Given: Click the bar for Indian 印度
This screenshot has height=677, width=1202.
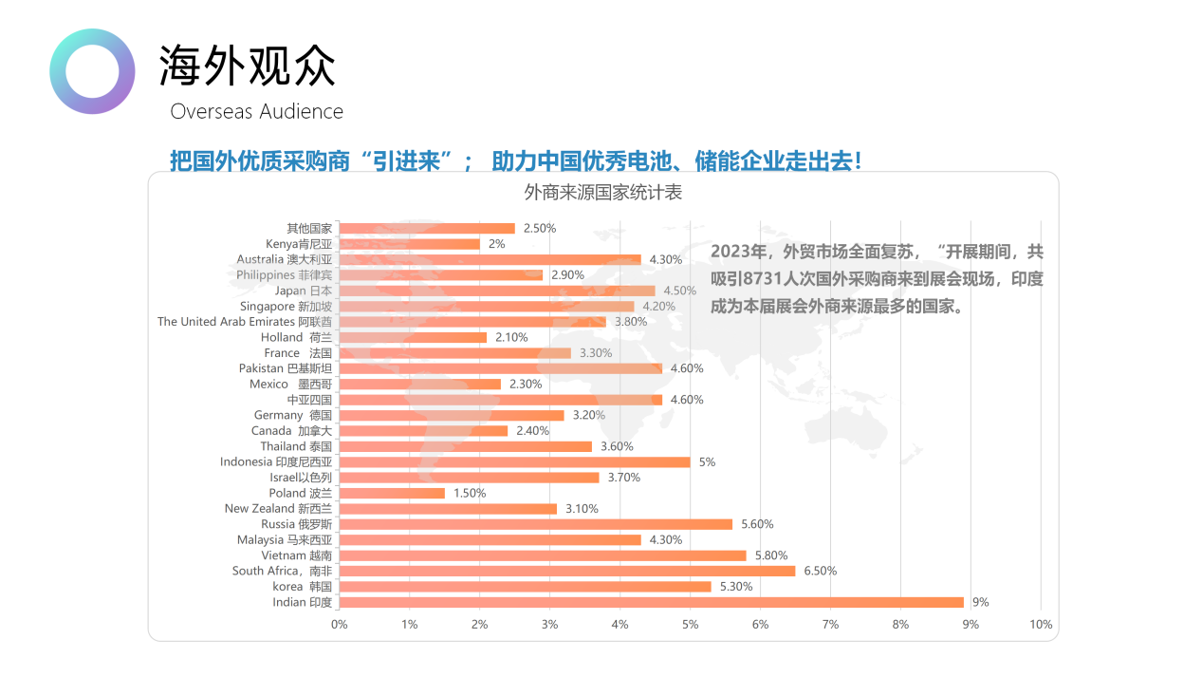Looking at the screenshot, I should [651, 602].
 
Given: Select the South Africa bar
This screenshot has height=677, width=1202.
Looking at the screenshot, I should [566, 571].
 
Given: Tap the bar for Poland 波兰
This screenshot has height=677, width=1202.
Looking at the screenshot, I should [392, 493].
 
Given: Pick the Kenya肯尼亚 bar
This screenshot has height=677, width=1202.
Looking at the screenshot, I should [409, 244].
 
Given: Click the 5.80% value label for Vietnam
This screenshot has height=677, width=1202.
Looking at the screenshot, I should [770, 555].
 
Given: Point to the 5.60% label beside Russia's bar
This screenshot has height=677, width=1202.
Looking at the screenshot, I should [756, 524].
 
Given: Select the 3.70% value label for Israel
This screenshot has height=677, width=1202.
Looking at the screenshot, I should [623, 478].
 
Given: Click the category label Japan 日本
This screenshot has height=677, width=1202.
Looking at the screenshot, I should [303, 291].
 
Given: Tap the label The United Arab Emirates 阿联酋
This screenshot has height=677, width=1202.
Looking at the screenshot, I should [244, 322].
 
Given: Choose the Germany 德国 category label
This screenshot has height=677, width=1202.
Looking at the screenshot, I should [292, 415].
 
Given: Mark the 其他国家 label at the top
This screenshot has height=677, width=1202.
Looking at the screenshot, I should [309, 228].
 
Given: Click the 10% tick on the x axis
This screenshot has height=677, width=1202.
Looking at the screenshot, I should [1041, 625].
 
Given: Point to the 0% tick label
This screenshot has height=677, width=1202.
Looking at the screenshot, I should [339, 625].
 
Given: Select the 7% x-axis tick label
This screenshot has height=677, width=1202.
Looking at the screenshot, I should [830, 625].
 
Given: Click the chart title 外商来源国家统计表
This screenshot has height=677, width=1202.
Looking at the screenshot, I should [602, 192].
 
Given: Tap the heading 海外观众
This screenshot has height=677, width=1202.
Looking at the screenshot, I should [247, 66].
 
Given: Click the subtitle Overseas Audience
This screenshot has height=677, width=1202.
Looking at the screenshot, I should [256, 111].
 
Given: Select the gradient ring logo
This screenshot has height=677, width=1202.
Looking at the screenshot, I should [92, 71].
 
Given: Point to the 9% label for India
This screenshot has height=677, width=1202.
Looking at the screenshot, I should [980, 602].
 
